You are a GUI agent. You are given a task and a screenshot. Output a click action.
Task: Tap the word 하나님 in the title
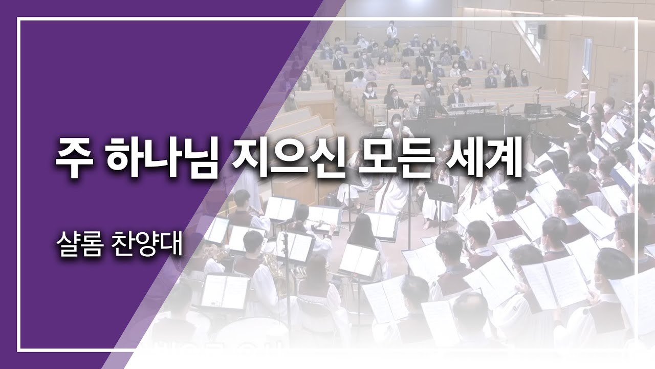click(x=163, y=158)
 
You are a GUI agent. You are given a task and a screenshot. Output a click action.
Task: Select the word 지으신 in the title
click(x=288, y=158)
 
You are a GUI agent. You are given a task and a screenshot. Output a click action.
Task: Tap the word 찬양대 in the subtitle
click(x=147, y=245)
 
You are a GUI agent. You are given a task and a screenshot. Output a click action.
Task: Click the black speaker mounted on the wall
click(x=541, y=31)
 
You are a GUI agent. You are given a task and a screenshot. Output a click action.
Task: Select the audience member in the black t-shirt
click(x=464, y=83)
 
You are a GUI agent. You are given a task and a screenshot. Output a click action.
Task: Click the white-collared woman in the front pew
click(x=369, y=93)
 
